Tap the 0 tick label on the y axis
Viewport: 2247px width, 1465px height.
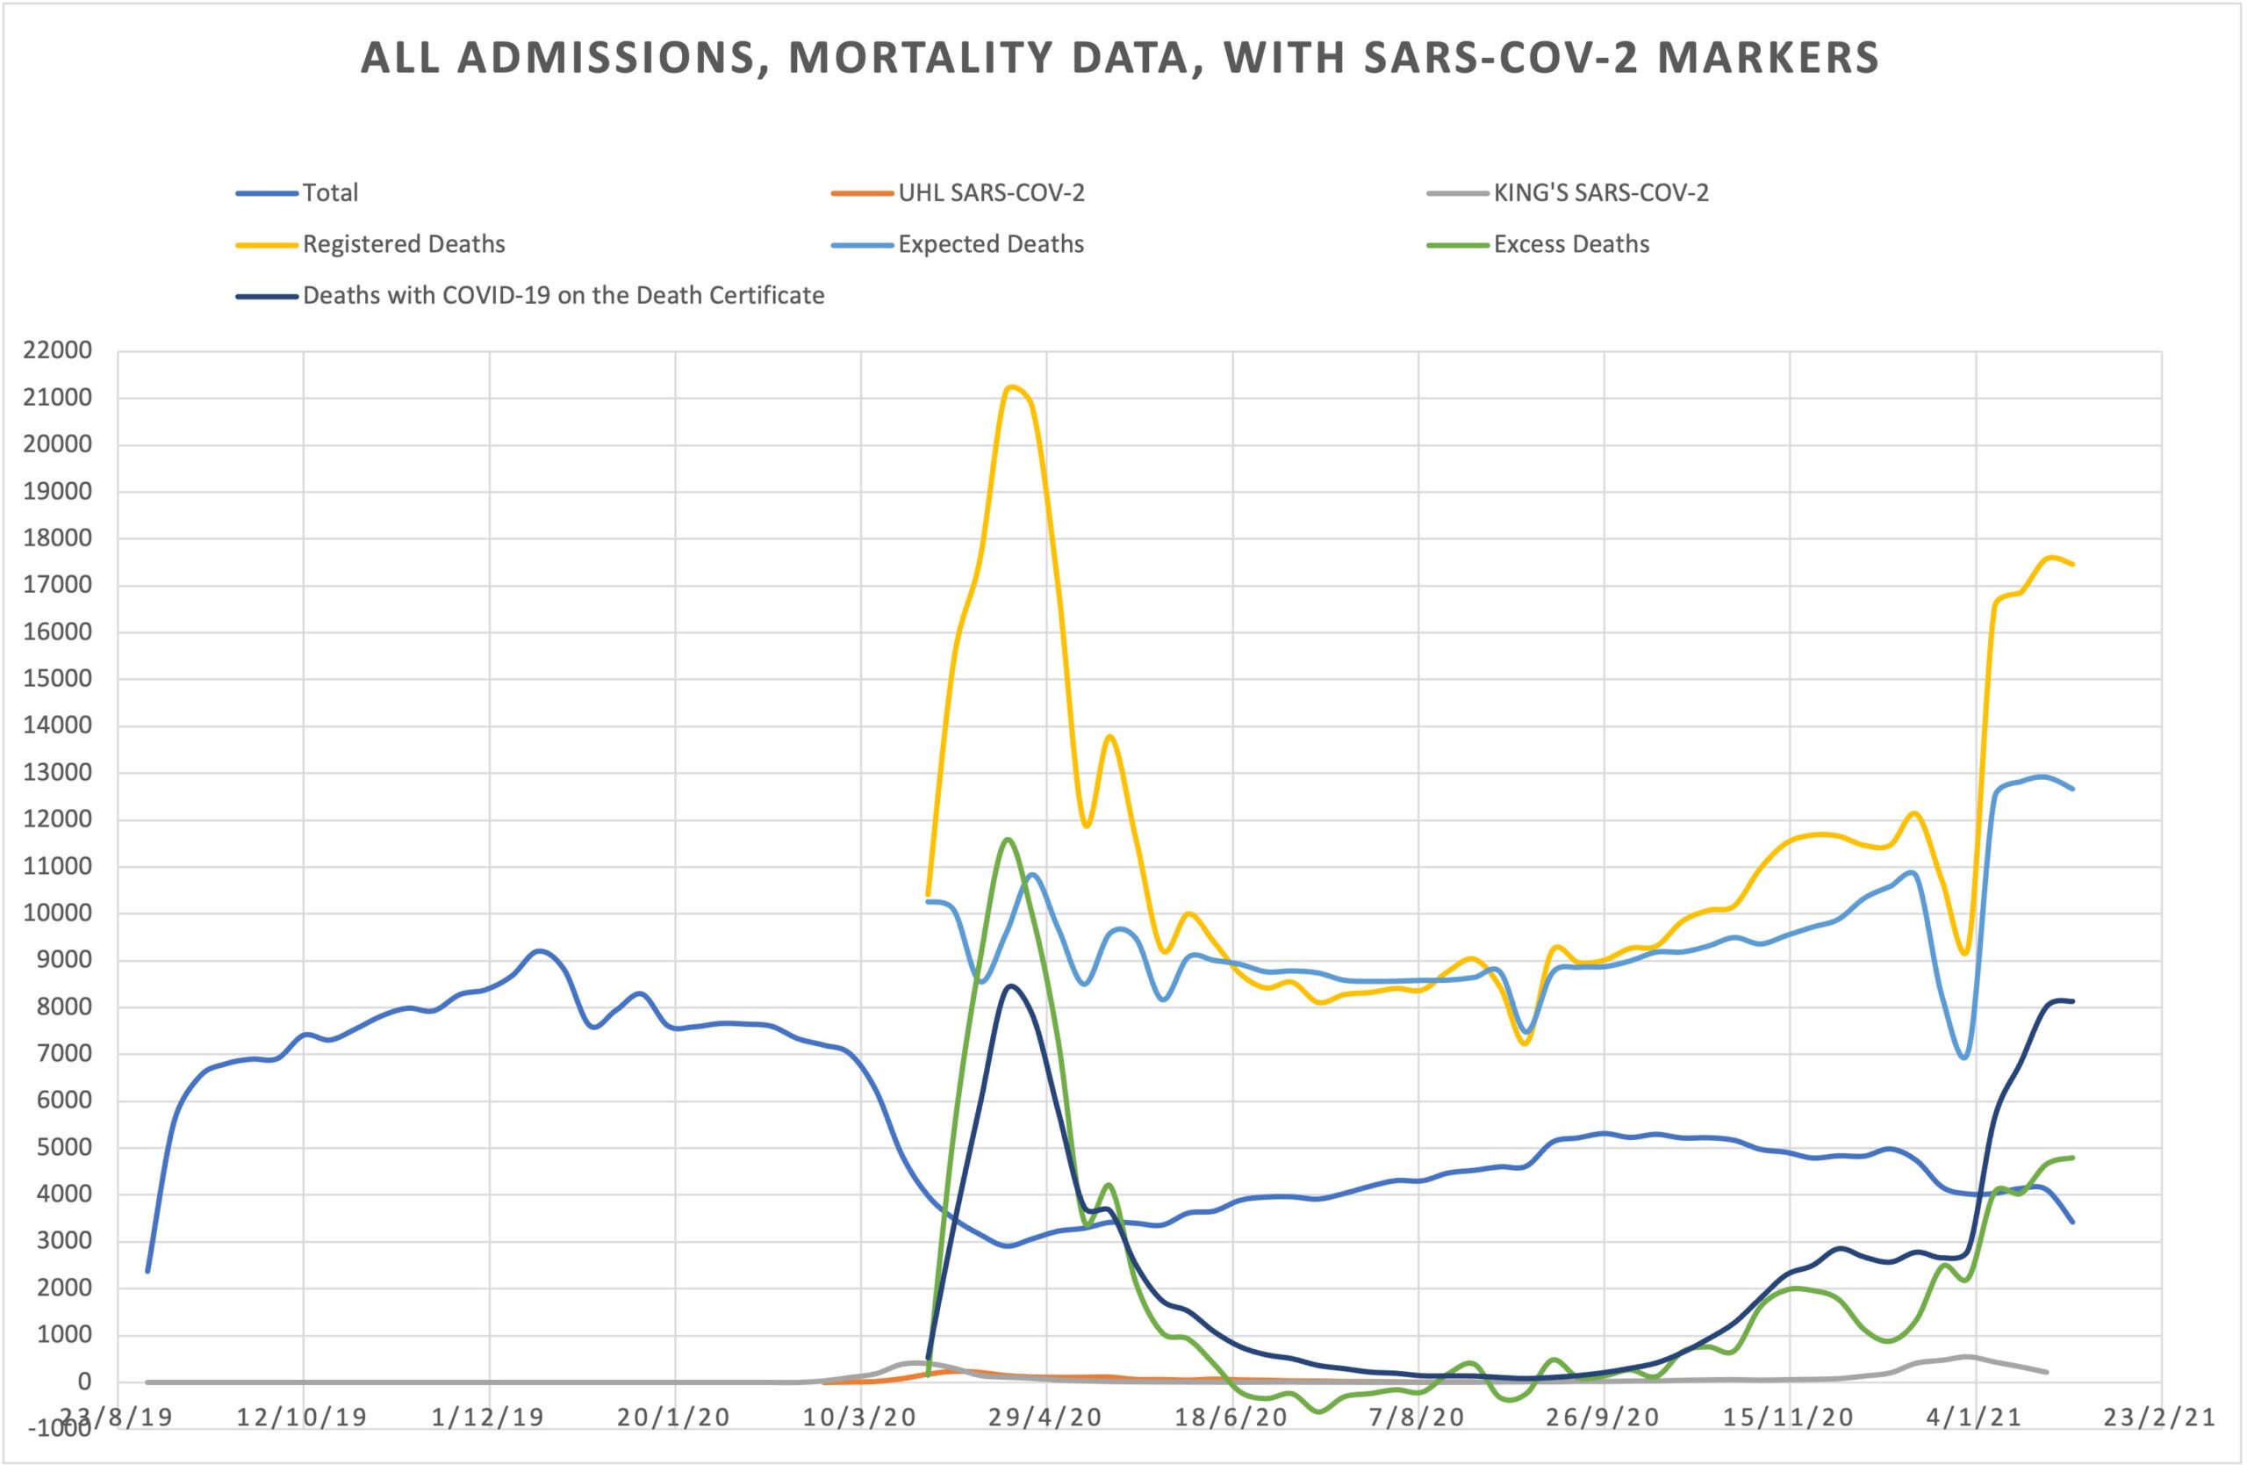[x=84, y=1382]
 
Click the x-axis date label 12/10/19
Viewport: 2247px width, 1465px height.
[x=302, y=1417]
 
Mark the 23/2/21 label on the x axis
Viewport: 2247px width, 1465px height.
[x=2157, y=1417]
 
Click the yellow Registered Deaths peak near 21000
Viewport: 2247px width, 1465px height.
[x=1012, y=386]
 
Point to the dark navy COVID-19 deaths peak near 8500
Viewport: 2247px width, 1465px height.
[x=1010, y=986]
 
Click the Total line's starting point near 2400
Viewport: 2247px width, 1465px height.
[x=147, y=1270]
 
